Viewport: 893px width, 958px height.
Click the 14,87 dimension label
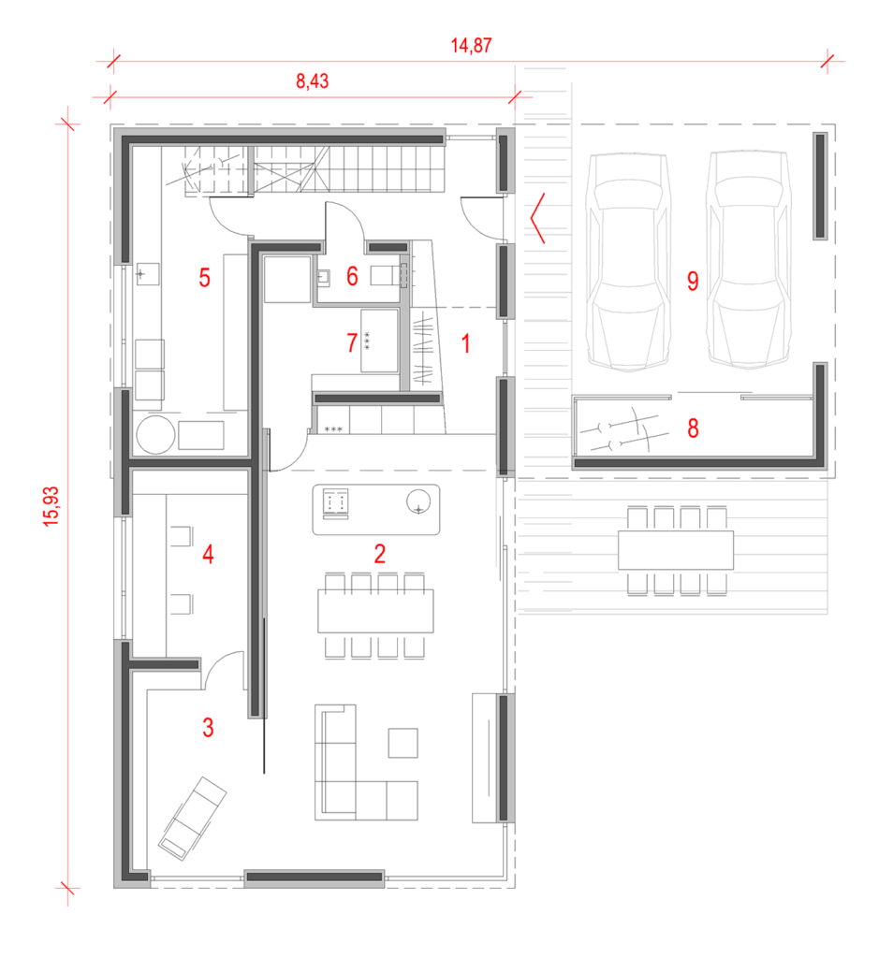[x=471, y=45]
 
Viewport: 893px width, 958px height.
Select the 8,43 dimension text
[x=313, y=80]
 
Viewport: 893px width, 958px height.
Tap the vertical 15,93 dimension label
[x=51, y=506]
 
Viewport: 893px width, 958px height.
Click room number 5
[x=205, y=277]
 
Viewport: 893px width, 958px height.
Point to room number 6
[x=352, y=276]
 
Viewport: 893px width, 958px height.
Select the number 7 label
[x=351, y=342]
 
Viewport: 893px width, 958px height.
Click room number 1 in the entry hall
[x=466, y=343]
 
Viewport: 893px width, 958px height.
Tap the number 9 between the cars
[x=693, y=281]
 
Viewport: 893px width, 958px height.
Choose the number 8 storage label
[x=693, y=428]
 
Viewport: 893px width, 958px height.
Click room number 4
[x=208, y=554]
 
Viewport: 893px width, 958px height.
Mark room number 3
[x=208, y=728]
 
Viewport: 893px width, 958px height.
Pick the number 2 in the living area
[x=379, y=554]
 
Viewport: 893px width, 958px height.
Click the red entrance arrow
[x=537, y=218]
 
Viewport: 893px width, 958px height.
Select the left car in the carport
[x=627, y=262]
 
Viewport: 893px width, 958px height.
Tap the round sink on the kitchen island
[x=418, y=502]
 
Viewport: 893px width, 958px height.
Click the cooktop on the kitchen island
[x=335, y=503]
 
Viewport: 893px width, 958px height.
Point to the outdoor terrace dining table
[x=676, y=550]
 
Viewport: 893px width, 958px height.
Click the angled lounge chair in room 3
[x=192, y=819]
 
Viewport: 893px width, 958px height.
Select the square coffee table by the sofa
[x=403, y=743]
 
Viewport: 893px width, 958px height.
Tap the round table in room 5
[x=156, y=435]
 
